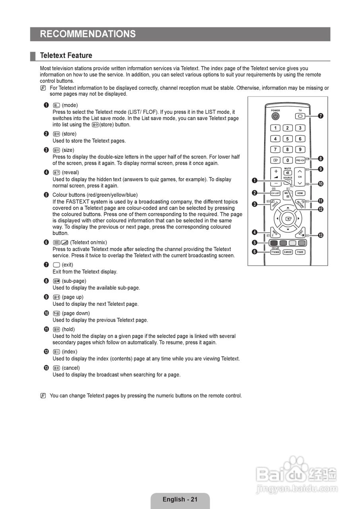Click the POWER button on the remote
(x=275, y=116)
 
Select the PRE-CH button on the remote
(x=300, y=160)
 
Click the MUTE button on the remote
(x=288, y=173)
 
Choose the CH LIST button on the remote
(x=275, y=193)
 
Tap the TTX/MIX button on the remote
(x=275, y=252)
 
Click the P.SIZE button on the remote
(x=300, y=252)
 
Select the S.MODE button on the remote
(x=288, y=252)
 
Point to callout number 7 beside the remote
(x=320, y=116)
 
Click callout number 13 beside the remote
(x=320, y=235)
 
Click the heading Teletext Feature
(x=66, y=55)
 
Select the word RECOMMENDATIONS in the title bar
(x=88, y=34)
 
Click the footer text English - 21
(x=180, y=499)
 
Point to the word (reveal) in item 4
(x=70, y=173)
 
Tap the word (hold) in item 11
(x=68, y=329)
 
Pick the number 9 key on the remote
(x=300, y=150)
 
